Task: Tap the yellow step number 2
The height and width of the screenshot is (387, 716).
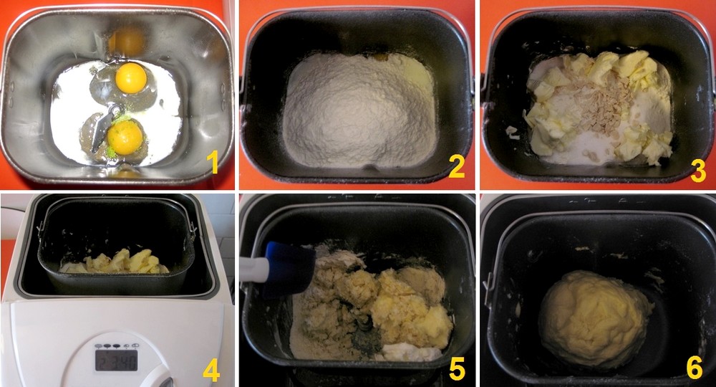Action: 457,166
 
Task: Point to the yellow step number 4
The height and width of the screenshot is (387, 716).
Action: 211,370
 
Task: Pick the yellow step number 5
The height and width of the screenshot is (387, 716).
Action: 457,368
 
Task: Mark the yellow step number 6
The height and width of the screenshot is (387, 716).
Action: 694,368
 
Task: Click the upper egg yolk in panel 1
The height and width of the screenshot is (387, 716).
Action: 131,78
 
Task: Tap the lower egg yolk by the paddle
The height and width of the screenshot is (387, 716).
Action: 125,137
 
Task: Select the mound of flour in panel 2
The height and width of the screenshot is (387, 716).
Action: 359,110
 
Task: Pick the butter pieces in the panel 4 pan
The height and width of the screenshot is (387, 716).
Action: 119,262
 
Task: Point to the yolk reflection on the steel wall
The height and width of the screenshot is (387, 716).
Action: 127,41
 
